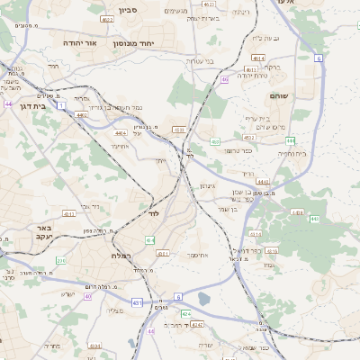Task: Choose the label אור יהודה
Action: click(81, 42)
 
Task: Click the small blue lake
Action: click(204, 299)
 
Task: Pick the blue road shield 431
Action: click(138, 303)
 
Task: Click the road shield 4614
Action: click(258, 58)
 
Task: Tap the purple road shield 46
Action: click(224, 79)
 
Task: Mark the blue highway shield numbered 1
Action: click(61, 105)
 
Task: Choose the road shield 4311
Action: click(68, 214)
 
